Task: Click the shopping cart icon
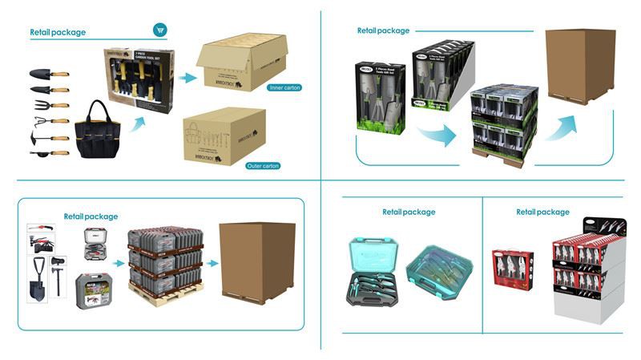coord(160,30)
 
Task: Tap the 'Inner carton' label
coord(286,87)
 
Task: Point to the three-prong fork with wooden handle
coord(49,105)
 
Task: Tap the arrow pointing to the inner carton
coord(187,78)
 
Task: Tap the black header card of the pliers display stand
coord(588,227)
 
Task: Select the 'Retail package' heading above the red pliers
coord(542,212)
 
